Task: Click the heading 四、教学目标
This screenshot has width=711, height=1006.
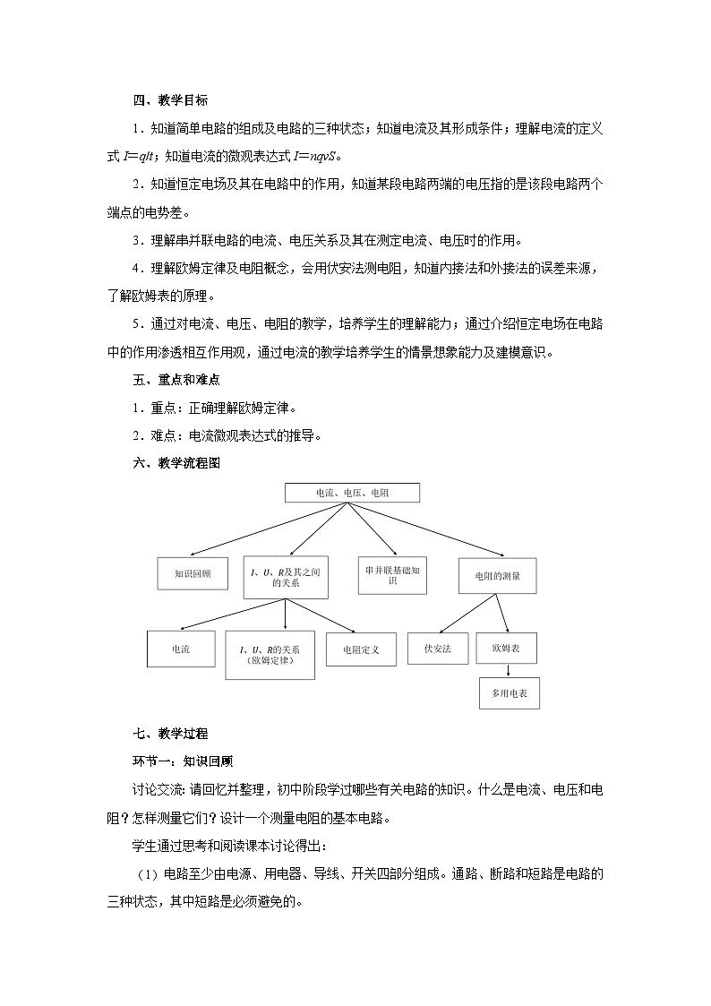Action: pyautogui.click(x=170, y=100)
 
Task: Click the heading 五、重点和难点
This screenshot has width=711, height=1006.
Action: pyautogui.click(x=176, y=380)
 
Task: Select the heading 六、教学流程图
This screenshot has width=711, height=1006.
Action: pyautogui.click(x=176, y=463)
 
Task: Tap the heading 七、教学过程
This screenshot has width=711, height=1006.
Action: pyautogui.click(x=170, y=733)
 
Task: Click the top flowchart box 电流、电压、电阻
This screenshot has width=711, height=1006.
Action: pyautogui.click(x=352, y=493)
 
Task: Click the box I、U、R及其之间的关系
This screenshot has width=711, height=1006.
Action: pyautogui.click(x=285, y=576)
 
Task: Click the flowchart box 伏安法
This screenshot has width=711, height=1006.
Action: pyautogui.click(x=438, y=648)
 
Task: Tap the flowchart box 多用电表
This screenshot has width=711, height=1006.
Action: pyautogui.click(x=509, y=692)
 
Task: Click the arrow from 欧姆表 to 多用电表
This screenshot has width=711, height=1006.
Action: pyautogui.click(x=509, y=670)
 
